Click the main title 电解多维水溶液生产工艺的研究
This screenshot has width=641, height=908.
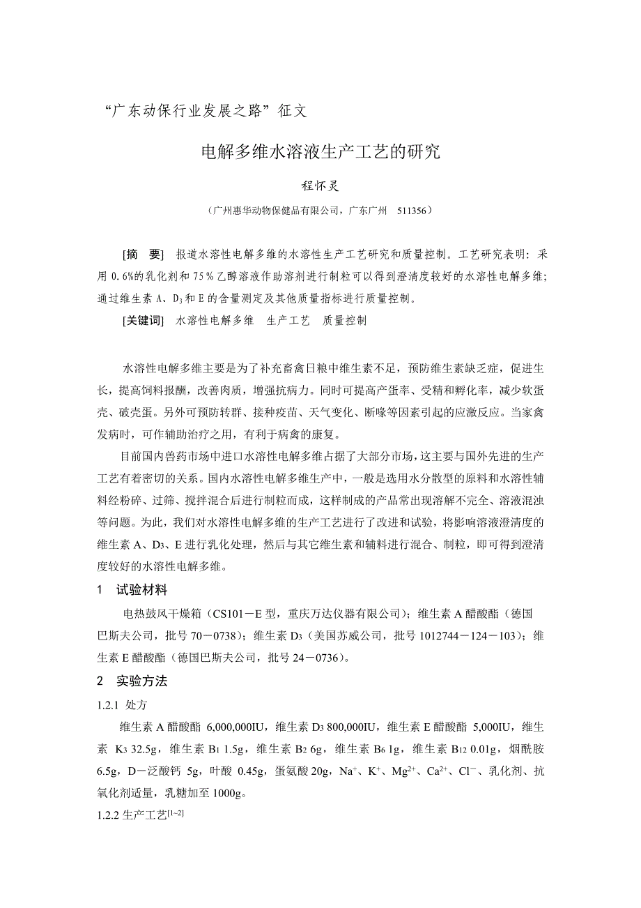(320, 151)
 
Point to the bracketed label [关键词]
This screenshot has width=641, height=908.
(142, 321)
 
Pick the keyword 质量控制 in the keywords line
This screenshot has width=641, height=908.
(344, 321)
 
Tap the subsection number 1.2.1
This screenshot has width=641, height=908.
(111, 705)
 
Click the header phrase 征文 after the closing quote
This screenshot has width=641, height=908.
(291, 110)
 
